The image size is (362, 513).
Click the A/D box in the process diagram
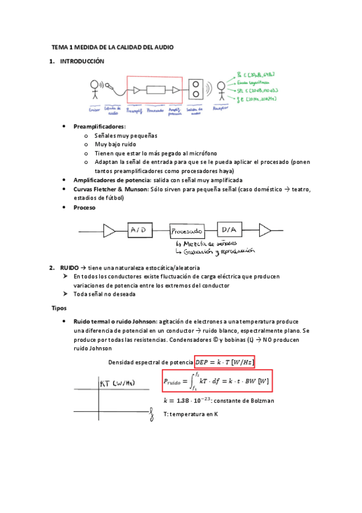pyautogui.click(x=141, y=229)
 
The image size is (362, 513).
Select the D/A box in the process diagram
pyautogui.click(x=228, y=229)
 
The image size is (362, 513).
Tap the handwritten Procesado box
pyautogui.click(x=186, y=231)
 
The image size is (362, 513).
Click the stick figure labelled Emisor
pyautogui.click(x=94, y=91)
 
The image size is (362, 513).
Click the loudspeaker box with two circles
pyautogui.click(x=196, y=90)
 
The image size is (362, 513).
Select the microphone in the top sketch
pyautogui.click(x=109, y=86)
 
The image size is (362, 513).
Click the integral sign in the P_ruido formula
pyautogui.click(x=193, y=381)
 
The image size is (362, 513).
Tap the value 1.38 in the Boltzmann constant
pyautogui.click(x=179, y=400)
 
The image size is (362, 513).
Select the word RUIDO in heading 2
pyautogui.click(x=69, y=267)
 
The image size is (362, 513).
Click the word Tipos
pyautogui.click(x=59, y=308)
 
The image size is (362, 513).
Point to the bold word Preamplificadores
pyautogui.click(x=99, y=126)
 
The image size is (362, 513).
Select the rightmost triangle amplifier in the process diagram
pyautogui.click(x=265, y=229)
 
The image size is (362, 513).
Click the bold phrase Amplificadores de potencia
pyautogui.click(x=112, y=180)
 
